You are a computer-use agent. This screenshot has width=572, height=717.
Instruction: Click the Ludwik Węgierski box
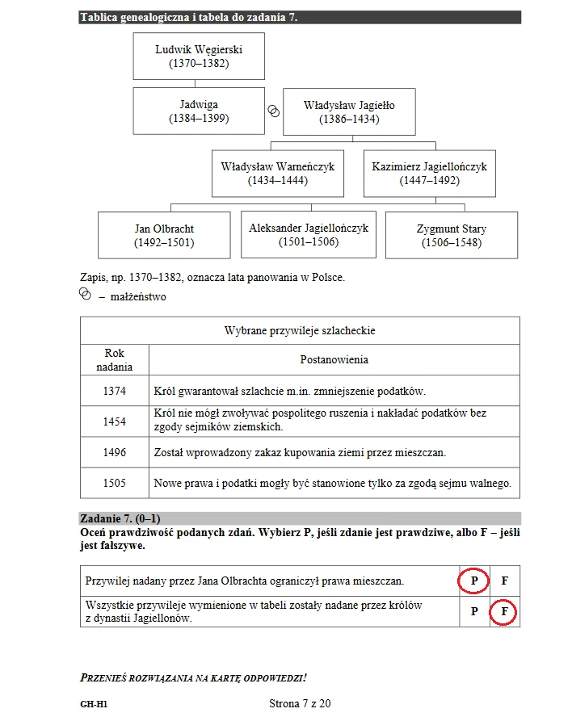[x=199, y=56]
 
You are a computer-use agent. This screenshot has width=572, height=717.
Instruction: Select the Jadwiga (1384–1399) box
[x=199, y=111]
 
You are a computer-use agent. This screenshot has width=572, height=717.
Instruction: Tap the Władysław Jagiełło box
[x=349, y=111]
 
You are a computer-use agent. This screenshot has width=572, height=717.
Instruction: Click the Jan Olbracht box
[x=164, y=235]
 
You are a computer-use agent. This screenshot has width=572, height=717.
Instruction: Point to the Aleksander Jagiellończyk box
[x=308, y=234]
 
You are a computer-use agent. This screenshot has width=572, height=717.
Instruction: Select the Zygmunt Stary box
[x=451, y=235]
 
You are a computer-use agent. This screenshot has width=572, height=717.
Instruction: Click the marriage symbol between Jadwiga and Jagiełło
[x=274, y=111]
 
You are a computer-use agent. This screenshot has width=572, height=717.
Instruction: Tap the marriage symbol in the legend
[x=86, y=296]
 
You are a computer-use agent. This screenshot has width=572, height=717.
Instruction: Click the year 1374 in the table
[x=115, y=391]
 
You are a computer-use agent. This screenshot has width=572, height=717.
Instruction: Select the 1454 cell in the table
[x=115, y=421]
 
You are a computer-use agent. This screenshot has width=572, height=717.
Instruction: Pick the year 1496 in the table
[x=115, y=452]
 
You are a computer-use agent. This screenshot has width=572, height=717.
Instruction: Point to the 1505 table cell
[x=115, y=483]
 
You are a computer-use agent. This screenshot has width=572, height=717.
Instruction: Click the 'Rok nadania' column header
[x=115, y=359]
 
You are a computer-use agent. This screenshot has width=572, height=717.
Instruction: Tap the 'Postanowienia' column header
[x=334, y=359]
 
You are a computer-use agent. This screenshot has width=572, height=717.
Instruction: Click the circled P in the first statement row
[x=474, y=581]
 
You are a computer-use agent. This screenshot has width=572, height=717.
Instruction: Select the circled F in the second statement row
[x=503, y=611]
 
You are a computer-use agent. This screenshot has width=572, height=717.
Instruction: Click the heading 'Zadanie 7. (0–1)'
[x=124, y=518]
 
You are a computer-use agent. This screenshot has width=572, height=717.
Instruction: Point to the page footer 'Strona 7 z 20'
[x=300, y=703]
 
